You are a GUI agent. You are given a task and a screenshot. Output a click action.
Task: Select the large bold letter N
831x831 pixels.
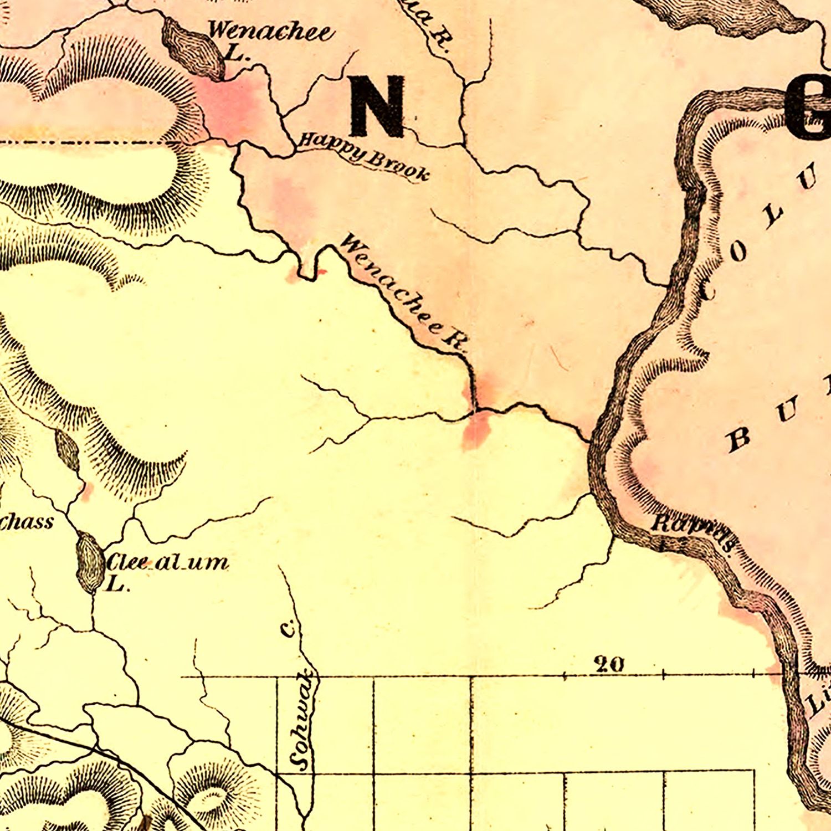point(377,106)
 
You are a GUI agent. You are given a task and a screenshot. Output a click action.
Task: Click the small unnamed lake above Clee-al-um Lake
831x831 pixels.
point(66,450)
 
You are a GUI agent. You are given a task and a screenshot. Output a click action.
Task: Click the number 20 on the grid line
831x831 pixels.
point(608,664)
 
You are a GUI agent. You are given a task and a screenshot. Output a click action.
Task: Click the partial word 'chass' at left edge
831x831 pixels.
point(26,522)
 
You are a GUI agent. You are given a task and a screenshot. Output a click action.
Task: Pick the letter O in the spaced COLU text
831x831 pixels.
point(738,252)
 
